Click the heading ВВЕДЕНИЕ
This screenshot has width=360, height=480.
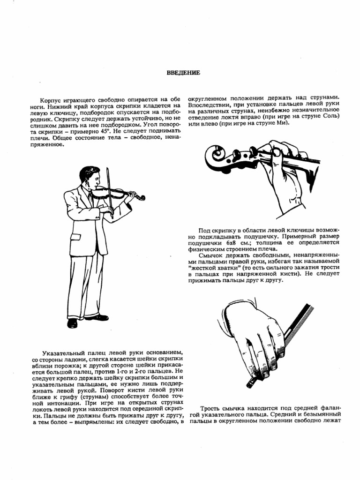(184, 73)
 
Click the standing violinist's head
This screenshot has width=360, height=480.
(89, 176)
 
